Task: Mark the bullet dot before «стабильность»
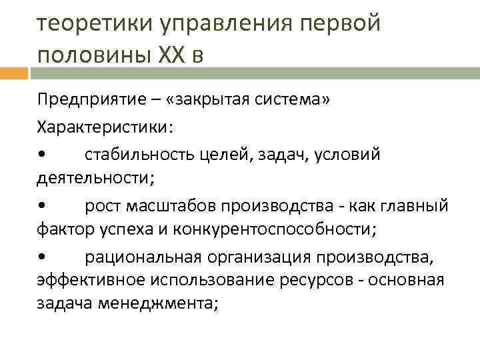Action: coord(42,155)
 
